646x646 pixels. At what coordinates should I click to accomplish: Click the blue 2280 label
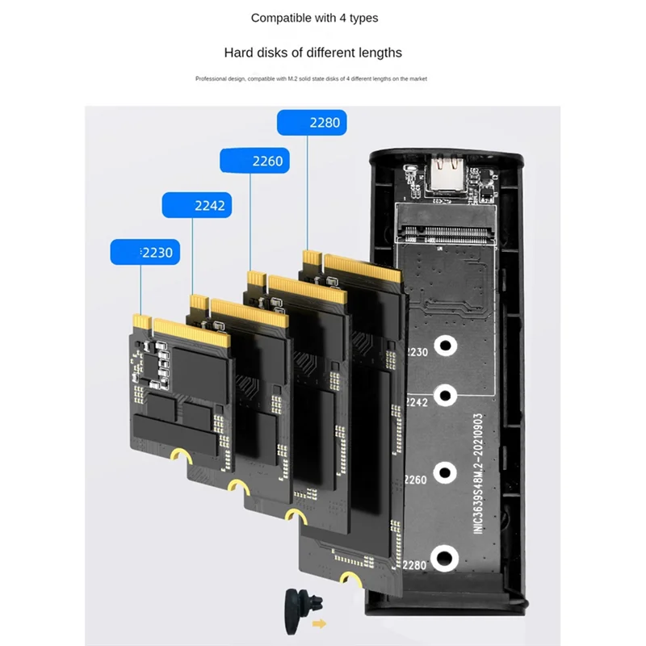pos(312,123)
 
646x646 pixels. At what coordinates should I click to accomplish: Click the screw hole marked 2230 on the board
pos(444,346)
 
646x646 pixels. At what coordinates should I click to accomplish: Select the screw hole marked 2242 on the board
pos(444,396)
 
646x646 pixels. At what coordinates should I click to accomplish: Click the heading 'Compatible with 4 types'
pos(314,18)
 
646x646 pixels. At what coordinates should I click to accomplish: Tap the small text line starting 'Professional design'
pos(311,79)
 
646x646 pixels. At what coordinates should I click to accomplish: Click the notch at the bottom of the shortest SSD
pos(184,457)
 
